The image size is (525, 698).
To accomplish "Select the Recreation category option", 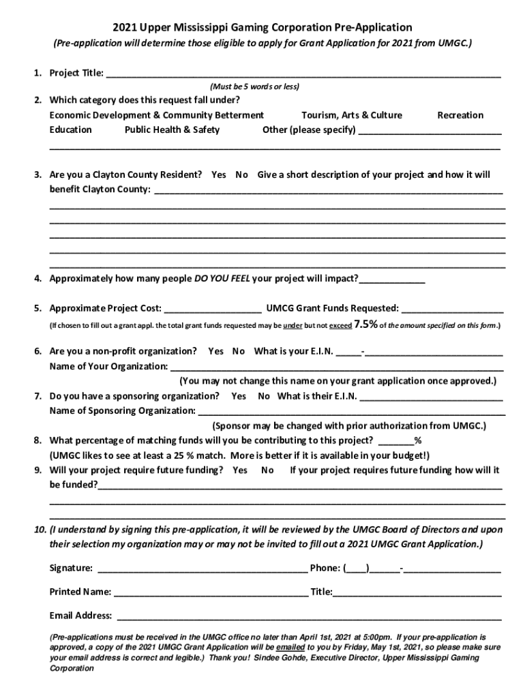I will coord(460,115).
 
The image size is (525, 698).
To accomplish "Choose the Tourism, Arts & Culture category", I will coord(352,115).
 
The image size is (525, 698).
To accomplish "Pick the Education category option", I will coord(71,130).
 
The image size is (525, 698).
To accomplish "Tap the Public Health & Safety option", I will coord(172,130).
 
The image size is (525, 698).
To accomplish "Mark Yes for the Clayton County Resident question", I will coord(218,175).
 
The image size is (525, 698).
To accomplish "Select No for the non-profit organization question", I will coord(239,352).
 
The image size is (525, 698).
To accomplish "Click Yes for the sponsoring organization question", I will coord(239,396).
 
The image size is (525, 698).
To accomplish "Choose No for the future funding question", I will coord(267,470).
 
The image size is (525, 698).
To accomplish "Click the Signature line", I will coord(203,568).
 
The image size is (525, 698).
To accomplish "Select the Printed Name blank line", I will coord(210,592).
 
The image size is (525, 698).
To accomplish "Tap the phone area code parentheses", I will coord(357,568).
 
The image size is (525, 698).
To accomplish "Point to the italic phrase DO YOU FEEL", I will coord(223,279).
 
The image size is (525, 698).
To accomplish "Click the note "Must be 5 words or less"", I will coord(255,87).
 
